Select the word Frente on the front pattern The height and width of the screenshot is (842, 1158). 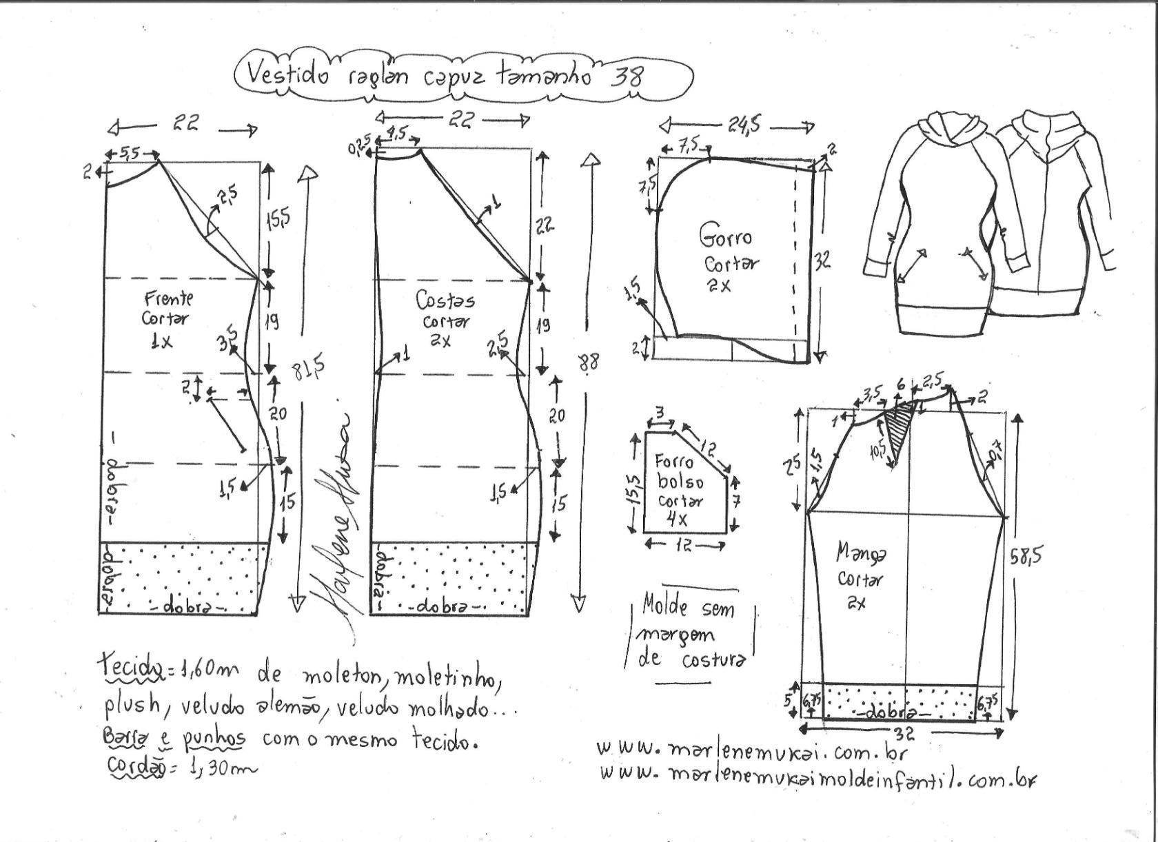(169, 299)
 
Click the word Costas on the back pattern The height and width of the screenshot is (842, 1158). (445, 300)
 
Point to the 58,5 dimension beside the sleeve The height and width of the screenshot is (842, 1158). (1025, 555)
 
